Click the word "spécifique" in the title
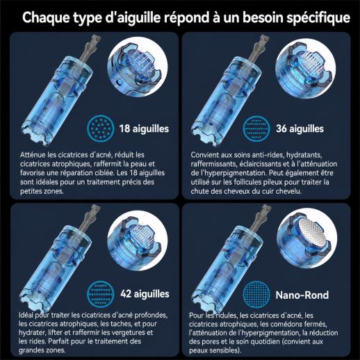point(318,18)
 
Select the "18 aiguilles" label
point(144,129)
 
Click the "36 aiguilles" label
point(300,129)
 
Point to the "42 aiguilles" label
point(145,294)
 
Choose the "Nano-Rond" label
point(302,295)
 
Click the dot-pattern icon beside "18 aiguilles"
point(101,129)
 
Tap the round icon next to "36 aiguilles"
point(256,129)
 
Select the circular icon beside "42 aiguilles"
point(101,294)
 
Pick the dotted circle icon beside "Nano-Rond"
point(256,294)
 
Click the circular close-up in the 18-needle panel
point(138,67)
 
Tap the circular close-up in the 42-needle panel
point(138,240)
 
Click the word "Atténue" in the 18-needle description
point(33,155)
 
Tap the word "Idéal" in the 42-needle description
point(26,316)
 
